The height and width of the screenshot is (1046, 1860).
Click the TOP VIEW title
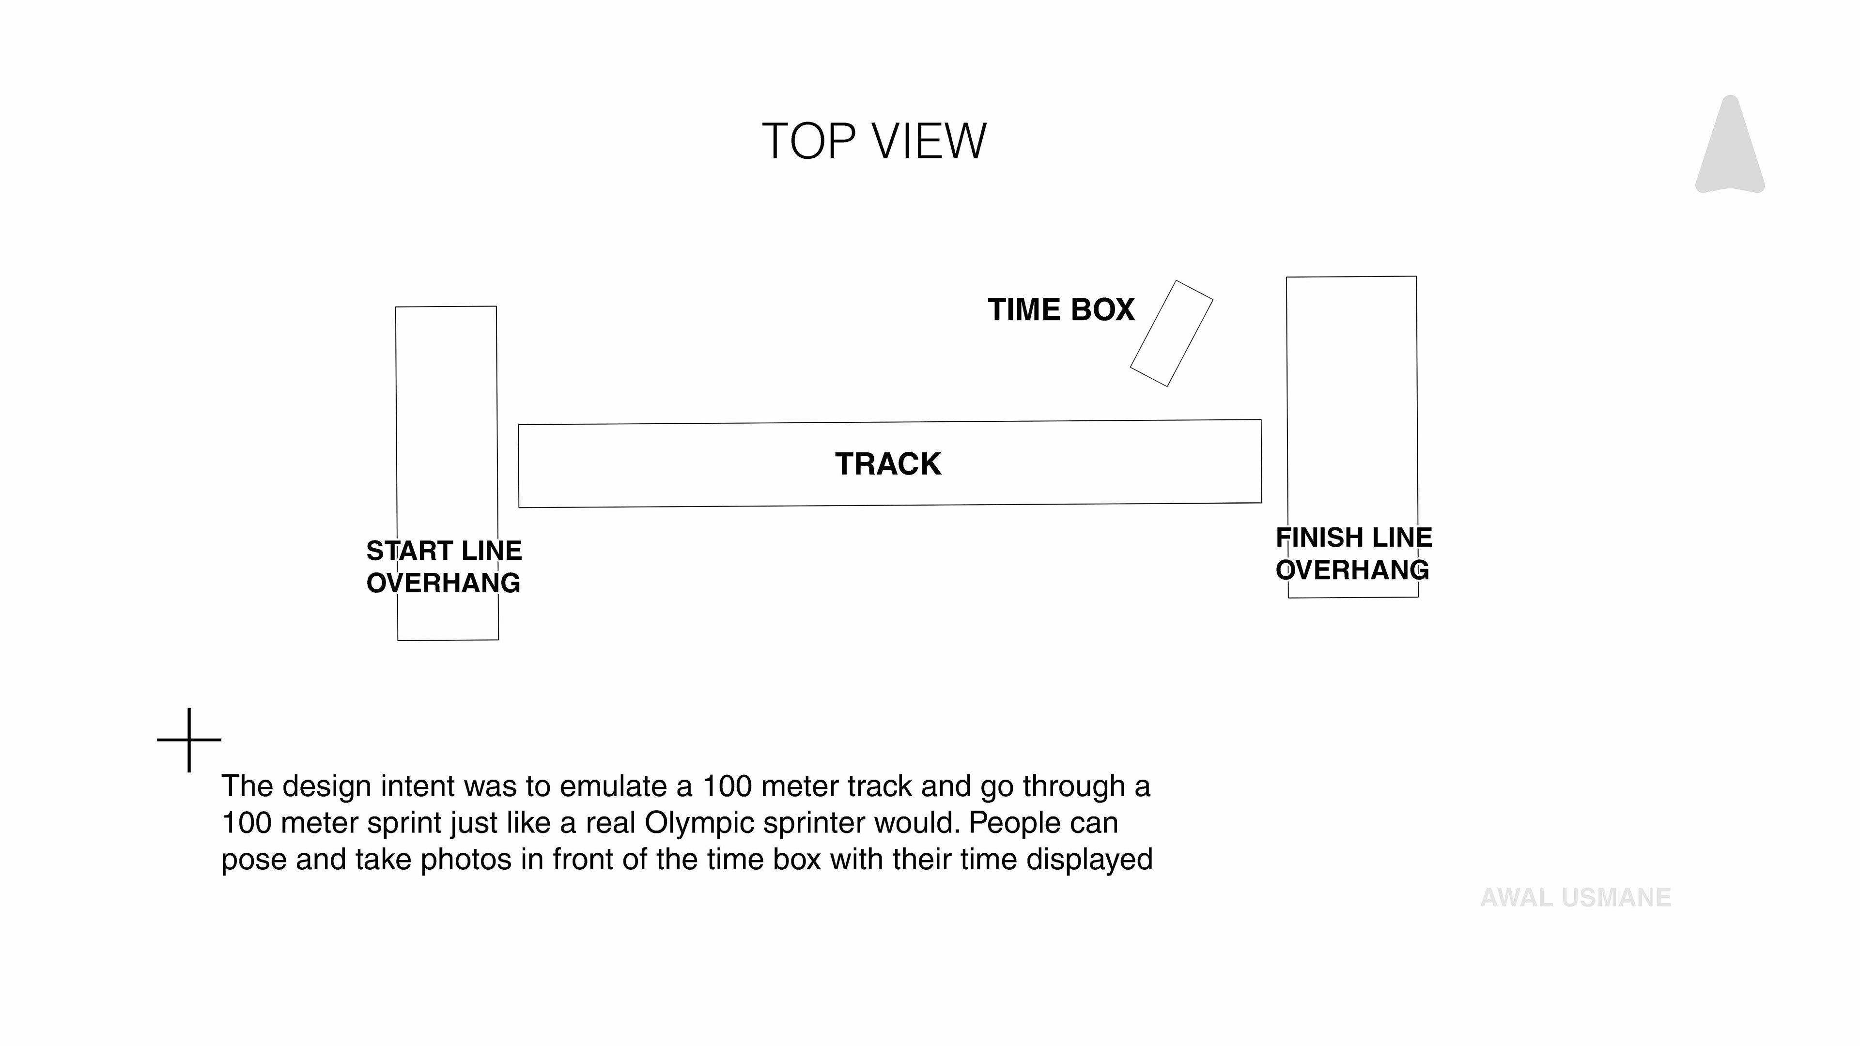tap(874, 141)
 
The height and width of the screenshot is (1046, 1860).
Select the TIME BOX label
tap(1061, 310)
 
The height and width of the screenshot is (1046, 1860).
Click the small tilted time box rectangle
tap(1171, 334)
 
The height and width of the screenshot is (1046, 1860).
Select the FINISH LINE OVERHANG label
tap(1354, 554)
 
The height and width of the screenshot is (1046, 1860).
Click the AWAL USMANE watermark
tap(1576, 898)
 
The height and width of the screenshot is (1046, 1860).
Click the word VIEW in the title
tap(930, 141)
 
